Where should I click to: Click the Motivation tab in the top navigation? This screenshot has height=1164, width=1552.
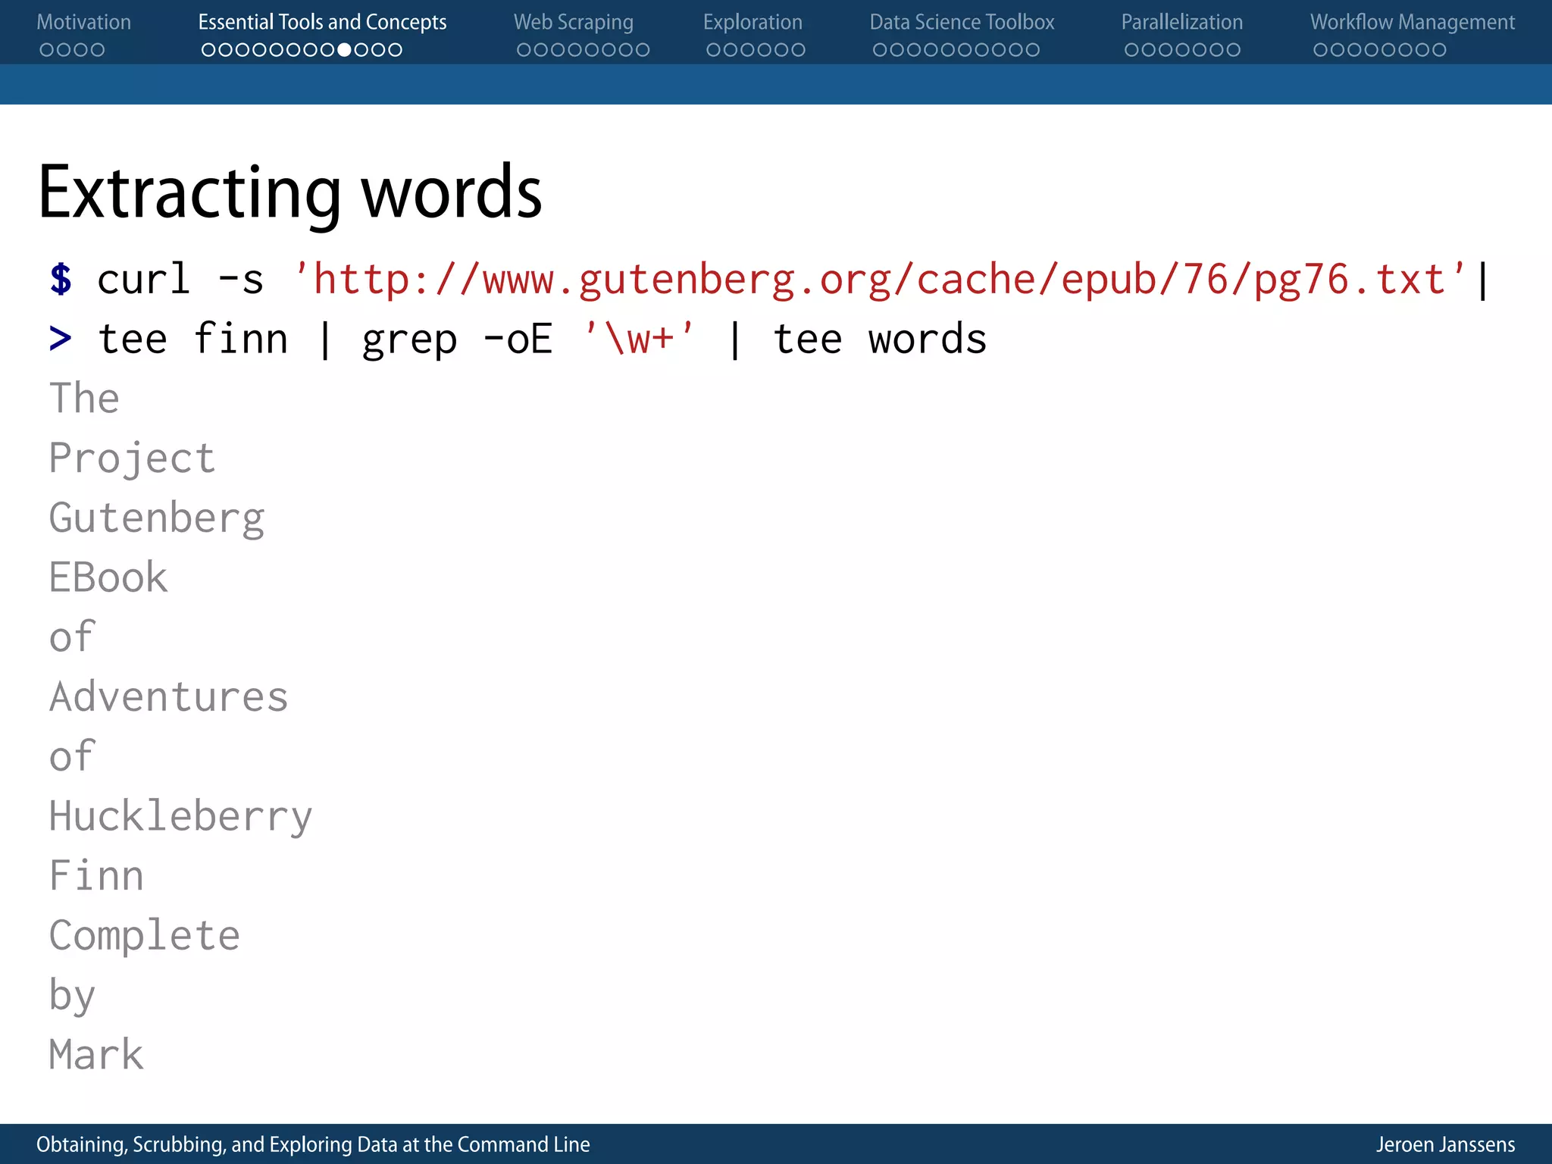[x=83, y=23]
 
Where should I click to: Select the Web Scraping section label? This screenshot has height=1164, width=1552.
[x=573, y=23]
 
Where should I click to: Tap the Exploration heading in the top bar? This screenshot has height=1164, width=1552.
[x=752, y=23]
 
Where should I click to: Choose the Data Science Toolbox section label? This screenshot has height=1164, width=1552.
[x=962, y=23]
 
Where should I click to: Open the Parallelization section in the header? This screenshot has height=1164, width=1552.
[x=1181, y=23]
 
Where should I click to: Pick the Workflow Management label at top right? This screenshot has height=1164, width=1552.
[x=1412, y=23]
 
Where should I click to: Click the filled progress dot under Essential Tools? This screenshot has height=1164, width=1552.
[x=344, y=50]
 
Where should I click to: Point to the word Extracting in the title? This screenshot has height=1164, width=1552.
[x=189, y=193]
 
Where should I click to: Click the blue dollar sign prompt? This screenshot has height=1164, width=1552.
[x=61, y=279]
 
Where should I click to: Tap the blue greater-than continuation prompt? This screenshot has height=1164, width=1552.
[x=61, y=339]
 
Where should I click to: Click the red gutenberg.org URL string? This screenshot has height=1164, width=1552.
[x=879, y=279]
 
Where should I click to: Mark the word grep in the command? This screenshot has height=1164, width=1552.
[x=409, y=339]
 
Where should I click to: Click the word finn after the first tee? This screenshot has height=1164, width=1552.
[x=240, y=339]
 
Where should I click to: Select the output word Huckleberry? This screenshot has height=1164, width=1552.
[x=180, y=817]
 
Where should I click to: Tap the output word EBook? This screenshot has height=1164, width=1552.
[x=108, y=577]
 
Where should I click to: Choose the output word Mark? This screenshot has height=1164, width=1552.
[x=96, y=1055]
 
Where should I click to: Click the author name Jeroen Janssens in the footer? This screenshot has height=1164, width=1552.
[x=1445, y=1144]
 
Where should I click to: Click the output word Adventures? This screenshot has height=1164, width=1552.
[x=168, y=697]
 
